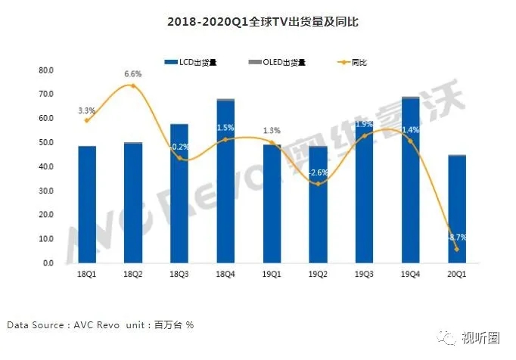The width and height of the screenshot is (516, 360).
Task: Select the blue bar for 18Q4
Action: tap(224, 182)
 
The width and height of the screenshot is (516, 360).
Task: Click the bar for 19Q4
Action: tap(409, 182)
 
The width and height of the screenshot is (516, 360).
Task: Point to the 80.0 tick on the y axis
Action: tap(46, 70)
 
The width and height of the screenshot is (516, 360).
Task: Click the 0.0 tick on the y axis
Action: tap(48, 263)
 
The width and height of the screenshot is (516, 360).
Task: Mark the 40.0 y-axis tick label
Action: tap(46, 166)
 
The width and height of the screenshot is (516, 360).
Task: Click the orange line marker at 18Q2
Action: tap(133, 85)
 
